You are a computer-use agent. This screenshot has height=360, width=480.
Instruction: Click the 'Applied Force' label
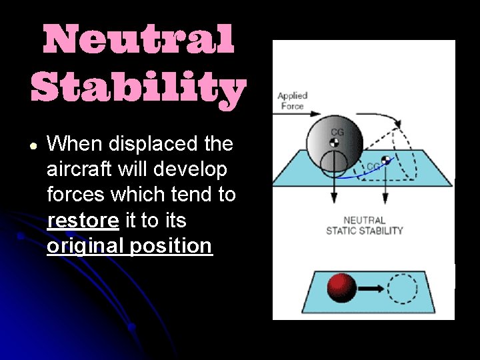292,101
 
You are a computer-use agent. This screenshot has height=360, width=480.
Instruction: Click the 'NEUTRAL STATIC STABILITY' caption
364,225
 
